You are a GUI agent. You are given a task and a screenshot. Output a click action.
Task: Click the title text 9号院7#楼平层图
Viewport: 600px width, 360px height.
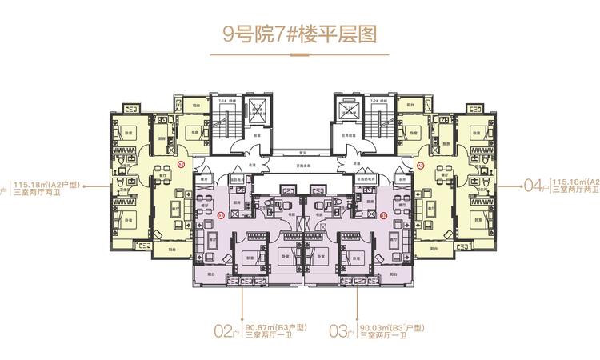[x=299, y=34]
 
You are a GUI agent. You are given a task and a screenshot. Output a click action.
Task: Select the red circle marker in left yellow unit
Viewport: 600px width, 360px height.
[x=182, y=164]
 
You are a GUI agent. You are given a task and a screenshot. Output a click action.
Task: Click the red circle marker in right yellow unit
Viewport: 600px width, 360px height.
[x=420, y=164]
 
